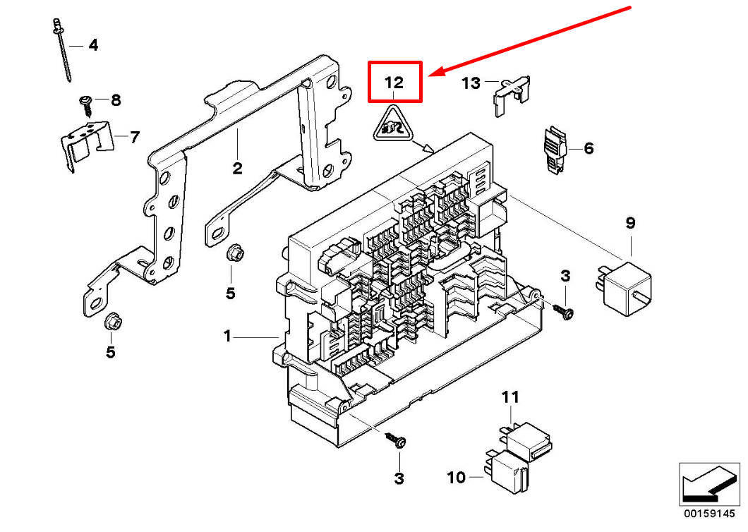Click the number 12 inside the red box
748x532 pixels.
tap(394, 83)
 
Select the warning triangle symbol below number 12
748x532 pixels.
tap(394, 126)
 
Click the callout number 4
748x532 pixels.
tap(92, 46)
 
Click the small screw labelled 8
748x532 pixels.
tap(87, 103)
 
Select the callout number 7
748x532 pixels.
tap(134, 136)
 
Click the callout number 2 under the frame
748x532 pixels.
tap(237, 168)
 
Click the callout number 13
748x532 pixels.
tap(471, 83)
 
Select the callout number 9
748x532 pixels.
tap(630, 223)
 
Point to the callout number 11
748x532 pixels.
tap(510, 397)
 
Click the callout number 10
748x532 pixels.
tap(457, 478)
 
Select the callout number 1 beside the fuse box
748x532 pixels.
tap(227, 337)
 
